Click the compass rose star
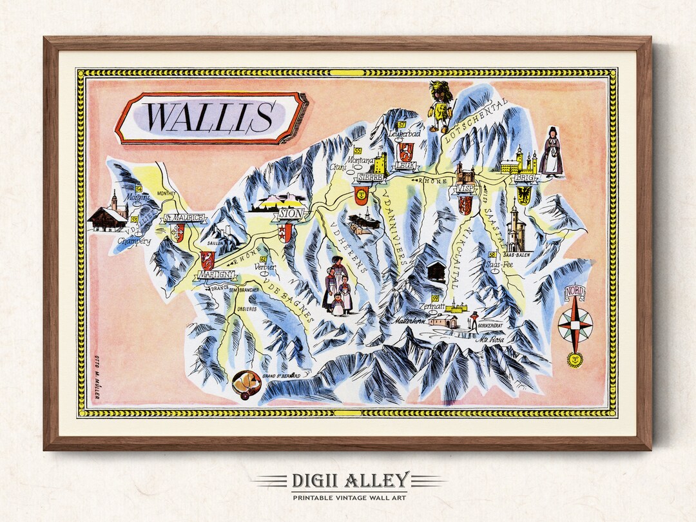point(575,325)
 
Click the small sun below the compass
point(575,360)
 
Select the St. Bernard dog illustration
point(247,385)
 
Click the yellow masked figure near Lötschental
point(441,107)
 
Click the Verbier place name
point(265,267)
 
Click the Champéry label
point(134,241)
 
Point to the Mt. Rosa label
point(492,339)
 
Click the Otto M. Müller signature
point(98,376)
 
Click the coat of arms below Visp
point(465,205)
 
